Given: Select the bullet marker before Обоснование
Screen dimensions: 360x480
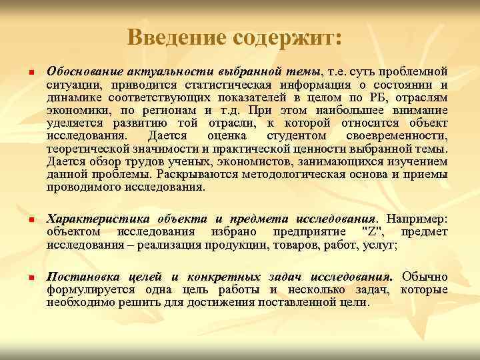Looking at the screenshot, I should tap(23, 73).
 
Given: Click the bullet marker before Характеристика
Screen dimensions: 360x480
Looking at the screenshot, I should tap(23, 220).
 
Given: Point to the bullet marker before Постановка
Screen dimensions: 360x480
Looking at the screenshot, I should tap(23, 277).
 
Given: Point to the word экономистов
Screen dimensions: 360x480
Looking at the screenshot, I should tap(227, 162).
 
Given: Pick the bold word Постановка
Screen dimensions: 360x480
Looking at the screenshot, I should tap(79, 276).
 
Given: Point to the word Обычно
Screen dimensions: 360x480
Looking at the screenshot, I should tap(427, 276).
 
